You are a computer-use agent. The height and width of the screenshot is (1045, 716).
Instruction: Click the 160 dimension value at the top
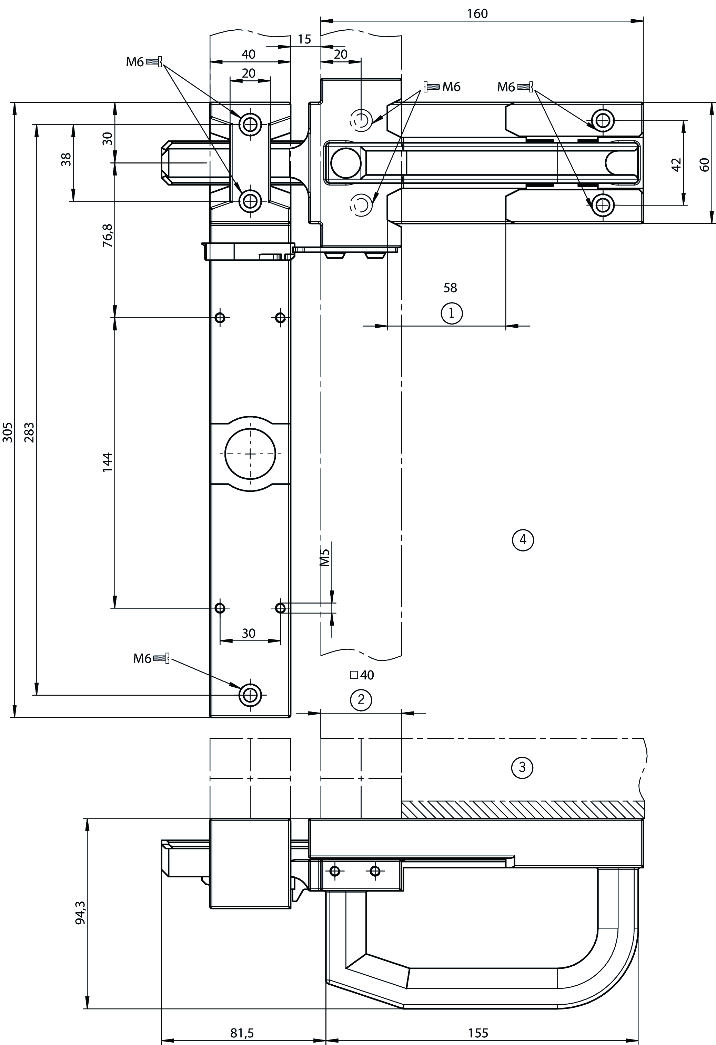click(477, 13)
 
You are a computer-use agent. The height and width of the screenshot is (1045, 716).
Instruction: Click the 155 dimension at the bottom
click(478, 1029)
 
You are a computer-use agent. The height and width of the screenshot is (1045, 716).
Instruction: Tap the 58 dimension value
click(450, 287)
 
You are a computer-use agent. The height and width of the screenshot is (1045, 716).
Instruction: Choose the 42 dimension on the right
click(676, 165)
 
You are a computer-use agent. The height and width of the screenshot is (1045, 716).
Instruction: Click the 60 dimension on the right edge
click(704, 165)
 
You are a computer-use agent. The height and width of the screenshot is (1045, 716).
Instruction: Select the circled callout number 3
click(522, 767)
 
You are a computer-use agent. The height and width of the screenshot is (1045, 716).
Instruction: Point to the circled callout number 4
click(523, 539)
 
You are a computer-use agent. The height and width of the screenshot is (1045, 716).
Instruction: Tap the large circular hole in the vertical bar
click(250, 453)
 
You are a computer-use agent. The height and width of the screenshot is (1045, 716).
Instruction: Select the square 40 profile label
click(362, 675)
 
